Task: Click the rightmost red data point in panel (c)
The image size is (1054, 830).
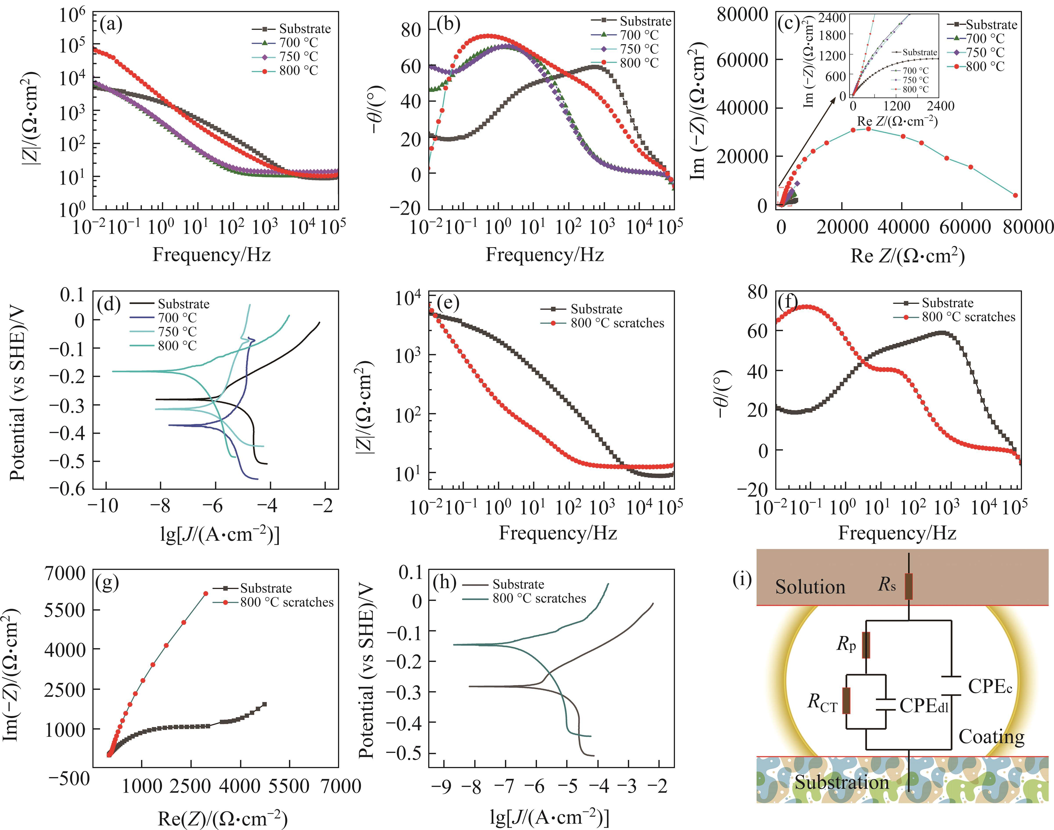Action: click(1015, 195)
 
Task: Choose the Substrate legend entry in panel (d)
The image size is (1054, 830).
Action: click(183, 304)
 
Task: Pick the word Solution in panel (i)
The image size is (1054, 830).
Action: click(810, 587)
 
